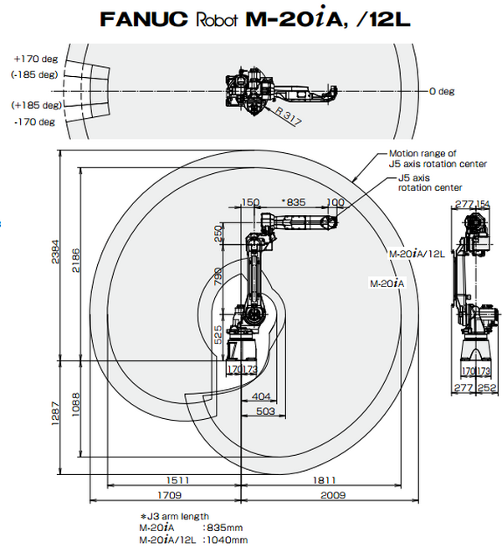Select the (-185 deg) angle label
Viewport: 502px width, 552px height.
click(x=34, y=74)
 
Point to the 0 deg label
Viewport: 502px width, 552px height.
click(x=443, y=89)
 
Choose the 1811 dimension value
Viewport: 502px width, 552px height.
click(x=326, y=480)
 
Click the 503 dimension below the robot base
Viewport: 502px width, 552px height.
click(x=265, y=411)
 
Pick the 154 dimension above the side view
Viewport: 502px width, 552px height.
click(x=484, y=203)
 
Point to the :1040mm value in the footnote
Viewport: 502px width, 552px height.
click(x=224, y=540)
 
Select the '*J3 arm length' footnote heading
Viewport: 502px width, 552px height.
click(x=174, y=516)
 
